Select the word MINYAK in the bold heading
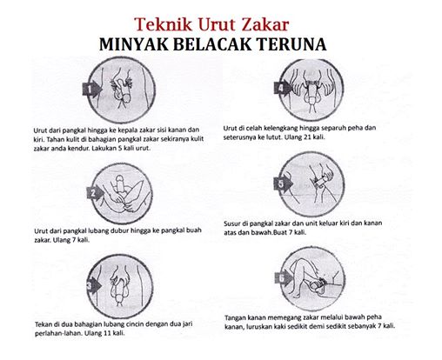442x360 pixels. click(133, 44)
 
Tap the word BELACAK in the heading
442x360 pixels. click(212, 44)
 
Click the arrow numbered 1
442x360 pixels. click(92, 89)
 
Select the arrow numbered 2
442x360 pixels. click(95, 193)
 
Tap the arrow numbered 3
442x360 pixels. click(94, 286)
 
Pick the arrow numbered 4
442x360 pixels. click(283, 88)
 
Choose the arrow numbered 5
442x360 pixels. click(283, 183)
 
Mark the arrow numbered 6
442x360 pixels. click(284, 278)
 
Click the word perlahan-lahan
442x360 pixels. click(57, 333)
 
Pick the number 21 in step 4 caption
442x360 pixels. click(306, 137)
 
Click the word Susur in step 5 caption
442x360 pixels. click(232, 223)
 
